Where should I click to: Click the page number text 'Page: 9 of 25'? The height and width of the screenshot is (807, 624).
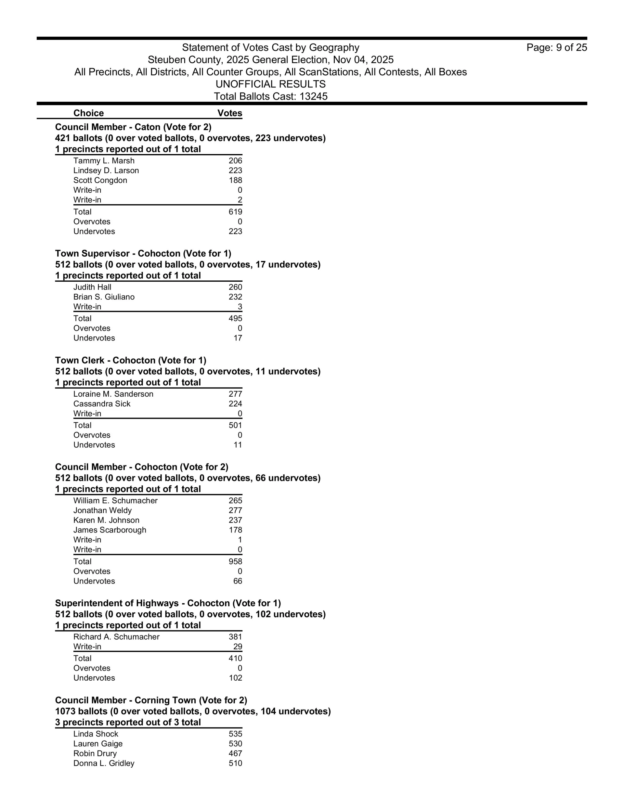pyautogui.click(x=556, y=48)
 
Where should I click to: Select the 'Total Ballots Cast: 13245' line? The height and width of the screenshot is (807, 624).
pyautogui.click(x=271, y=96)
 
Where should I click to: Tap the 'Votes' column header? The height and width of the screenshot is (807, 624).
pyautogui.click(x=229, y=113)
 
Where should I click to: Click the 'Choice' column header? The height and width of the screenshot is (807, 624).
pyautogui.click(x=88, y=113)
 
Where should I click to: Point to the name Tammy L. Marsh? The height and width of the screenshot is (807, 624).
pyautogui.click(x=104, y=161)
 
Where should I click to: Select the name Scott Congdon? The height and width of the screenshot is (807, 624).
pyautogui.click(x=100, y=180)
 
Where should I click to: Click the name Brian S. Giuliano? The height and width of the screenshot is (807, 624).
pyautogui.click(x=104, y=297)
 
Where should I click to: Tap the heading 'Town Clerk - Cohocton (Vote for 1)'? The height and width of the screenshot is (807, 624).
pyautogui.click(x=131, y=360)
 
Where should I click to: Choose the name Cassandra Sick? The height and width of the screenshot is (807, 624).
pyautogui.click(x=102, y=404)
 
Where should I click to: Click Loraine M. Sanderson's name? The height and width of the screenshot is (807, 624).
pyautogui.click(x=113, y=394)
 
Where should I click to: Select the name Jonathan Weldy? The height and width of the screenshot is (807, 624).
pyautogui.click(x=102, y=510)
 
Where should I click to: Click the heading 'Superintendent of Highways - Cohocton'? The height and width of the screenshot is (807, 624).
pyautogui.click(x=168, y=603)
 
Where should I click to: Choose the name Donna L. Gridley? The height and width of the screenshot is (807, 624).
pyautogui.click(x=104, y=763)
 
